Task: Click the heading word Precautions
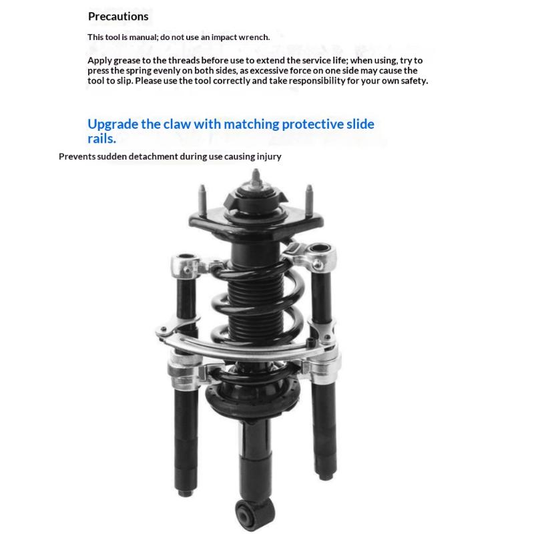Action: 118,16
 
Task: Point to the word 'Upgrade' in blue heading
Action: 113,125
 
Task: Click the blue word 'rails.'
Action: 102,139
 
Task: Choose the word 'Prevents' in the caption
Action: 77,156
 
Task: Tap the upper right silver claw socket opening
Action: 320,248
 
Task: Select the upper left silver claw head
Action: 186,265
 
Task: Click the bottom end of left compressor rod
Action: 186,492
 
